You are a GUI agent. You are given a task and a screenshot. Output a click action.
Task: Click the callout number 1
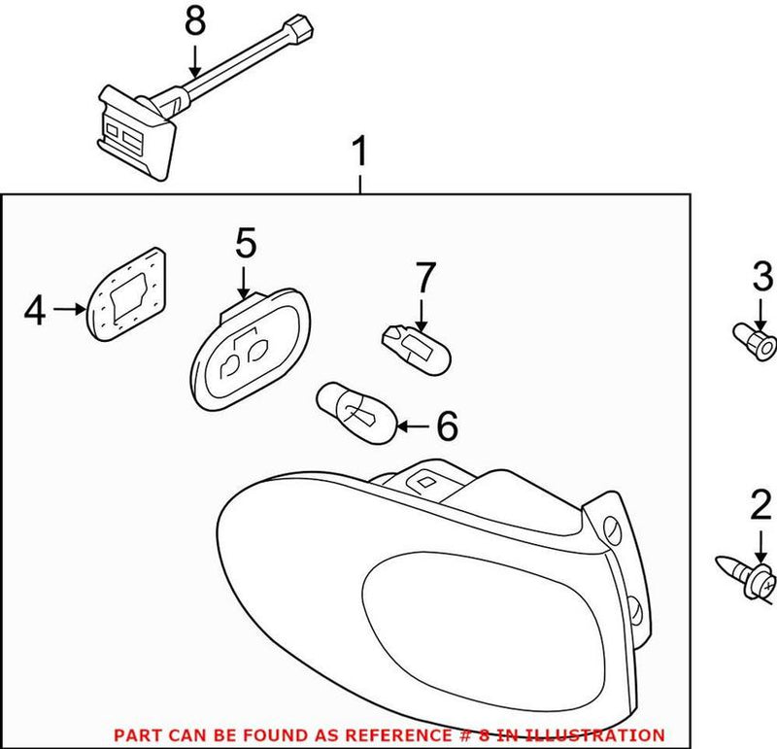click(359, 153)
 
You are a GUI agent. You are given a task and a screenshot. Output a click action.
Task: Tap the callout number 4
click(35, 311)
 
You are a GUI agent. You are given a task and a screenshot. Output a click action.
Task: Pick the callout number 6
click(446, 425)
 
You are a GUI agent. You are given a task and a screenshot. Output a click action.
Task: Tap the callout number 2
click(759, 506)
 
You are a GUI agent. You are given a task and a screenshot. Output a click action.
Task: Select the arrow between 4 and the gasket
click(70, 310)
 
